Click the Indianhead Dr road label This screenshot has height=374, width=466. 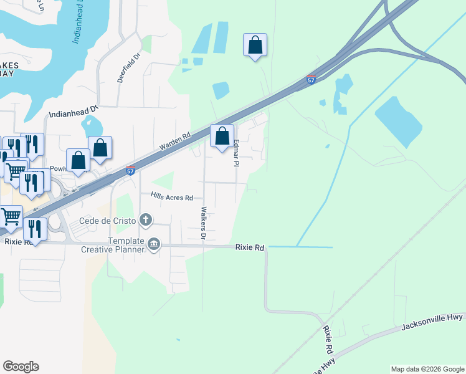click(74, 113)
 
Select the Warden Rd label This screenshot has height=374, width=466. click(174, 141)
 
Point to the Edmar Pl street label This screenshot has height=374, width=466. click(236, 153)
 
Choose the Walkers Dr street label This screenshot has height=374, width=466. click(203, 223)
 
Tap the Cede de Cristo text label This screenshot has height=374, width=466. click(107, 220)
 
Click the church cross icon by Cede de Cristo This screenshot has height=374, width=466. click(146, 219)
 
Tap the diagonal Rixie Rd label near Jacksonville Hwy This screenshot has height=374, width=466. click(328, 340)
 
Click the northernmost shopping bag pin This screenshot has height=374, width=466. click(255, 45)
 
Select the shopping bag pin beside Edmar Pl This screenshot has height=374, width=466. click(222, 136)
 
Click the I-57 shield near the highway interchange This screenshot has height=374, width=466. click(311, 80)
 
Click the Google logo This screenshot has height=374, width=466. click(21, 367)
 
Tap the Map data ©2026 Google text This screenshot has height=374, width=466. click(427, 369)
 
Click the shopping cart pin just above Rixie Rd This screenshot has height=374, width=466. click(11, 216)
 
